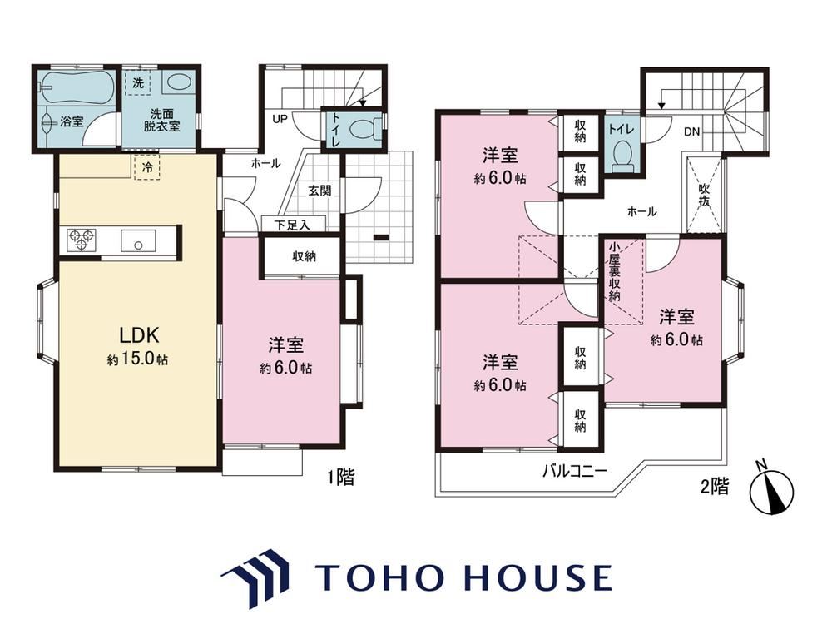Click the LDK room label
coord(138,335)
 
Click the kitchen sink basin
coord(138,240)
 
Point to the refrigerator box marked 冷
coord(147,168)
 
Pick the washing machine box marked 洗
coord(138,82)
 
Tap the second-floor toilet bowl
coord(622,156)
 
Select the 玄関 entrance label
coord(319,190)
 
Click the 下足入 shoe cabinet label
coord(292,225)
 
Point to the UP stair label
coord(280,119)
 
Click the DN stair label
coord(691,131)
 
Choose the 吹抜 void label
coord(704,195)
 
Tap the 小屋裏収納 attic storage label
coord(615,271)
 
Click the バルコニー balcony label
coord(574,471)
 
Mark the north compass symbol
coord(773,489)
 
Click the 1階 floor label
coord(340,477)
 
